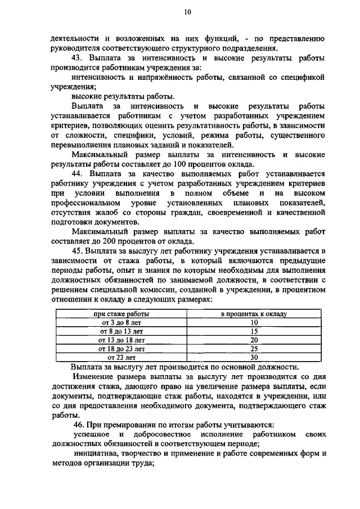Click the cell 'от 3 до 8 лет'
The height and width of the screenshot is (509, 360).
coord(121,322)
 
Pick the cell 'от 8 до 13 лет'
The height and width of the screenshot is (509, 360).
coord(121,331)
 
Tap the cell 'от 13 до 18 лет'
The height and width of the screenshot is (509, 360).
coord(121,340)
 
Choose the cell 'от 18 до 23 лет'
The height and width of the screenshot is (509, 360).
coord(121,349)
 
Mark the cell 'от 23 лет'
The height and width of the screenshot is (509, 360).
coord(121,357)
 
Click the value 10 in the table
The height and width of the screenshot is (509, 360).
coord(254,322)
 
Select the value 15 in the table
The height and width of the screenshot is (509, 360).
coord(254,331)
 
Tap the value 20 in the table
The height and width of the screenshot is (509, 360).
coord(254,340)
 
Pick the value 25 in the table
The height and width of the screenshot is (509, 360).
coord(254,349)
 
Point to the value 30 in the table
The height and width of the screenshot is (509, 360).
coord(254,357)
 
